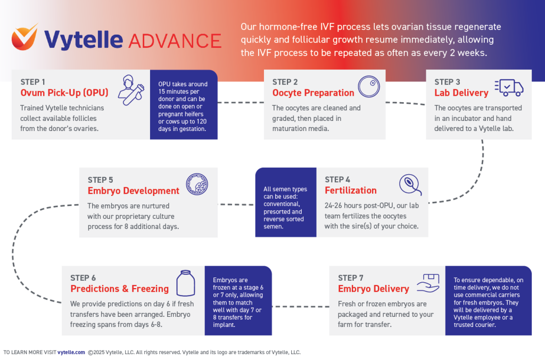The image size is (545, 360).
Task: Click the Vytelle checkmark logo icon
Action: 25,39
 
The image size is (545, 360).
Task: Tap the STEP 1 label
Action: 34,81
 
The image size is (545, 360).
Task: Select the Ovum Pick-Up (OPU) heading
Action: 64,93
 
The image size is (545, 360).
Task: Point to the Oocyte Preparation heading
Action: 313,93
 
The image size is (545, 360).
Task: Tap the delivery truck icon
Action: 509,87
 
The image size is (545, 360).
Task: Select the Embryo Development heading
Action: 133,191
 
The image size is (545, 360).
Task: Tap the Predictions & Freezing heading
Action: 119,289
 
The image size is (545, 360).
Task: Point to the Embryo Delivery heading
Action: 373,289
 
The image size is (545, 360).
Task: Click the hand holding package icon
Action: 428,283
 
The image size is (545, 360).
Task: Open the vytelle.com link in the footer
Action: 71,352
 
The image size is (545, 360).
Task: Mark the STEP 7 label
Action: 351,277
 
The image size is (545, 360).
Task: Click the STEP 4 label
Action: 337,179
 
